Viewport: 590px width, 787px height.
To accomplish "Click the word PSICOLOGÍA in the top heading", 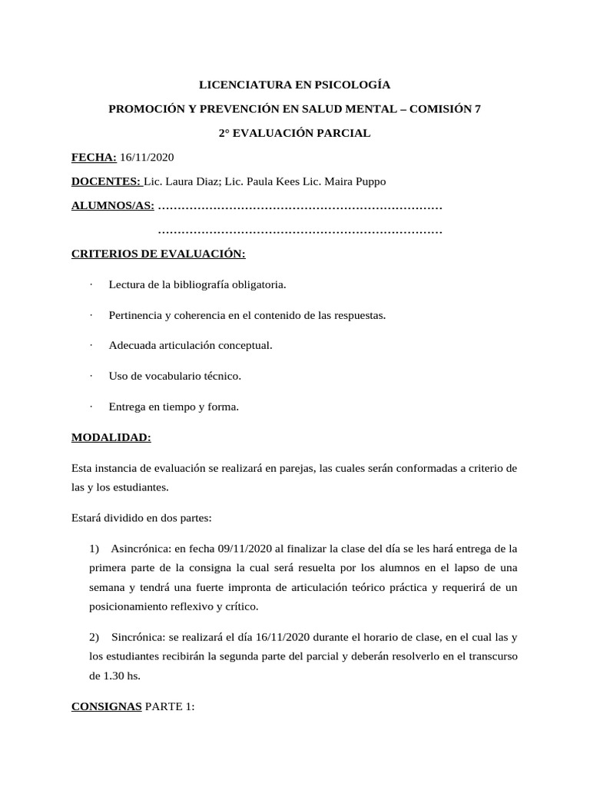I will pyautogui.click(x=349, y=85).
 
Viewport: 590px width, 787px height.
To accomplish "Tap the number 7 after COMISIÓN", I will pyautogui.click(x=478, y=109).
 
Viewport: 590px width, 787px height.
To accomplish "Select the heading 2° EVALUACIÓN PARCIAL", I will pyautogui.click(x=294, y=133).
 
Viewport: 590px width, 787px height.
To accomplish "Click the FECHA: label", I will pyautogui.click(x=94, y=158).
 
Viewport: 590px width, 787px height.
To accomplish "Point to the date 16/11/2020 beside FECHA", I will pyautogui.click(x=147, y=158).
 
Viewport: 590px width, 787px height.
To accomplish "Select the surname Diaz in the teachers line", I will pyautogui.click(x=201, y=181).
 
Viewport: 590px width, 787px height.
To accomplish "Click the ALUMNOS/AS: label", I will pyautogui.click(x=112, y=206).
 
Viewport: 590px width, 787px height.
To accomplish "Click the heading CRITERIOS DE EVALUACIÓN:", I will pyautogui.click(x=158, y=254).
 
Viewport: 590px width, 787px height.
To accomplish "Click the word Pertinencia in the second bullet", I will pyautogui.click(x=135, y=316).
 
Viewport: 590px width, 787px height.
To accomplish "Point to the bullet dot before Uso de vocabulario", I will pyautogui.click(x=91, y=376).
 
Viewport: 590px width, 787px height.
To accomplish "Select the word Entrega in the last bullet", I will pyautogui.click(x=127, y=407).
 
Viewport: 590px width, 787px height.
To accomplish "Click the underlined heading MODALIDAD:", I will pyautogui.click(x=111, y=437).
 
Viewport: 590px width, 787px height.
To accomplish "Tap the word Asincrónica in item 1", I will pyautogui.click(x=140, y=549).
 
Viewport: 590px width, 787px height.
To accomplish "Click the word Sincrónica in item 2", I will pyautogui.click(x=137, y=637).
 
